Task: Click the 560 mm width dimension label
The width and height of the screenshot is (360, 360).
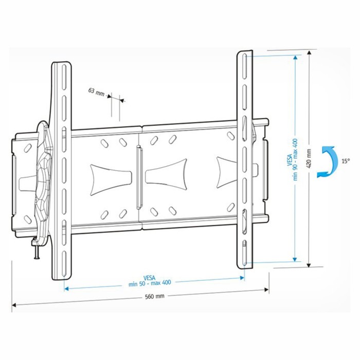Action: click(154, 296)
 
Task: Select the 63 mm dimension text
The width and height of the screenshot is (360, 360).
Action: click(96, 92)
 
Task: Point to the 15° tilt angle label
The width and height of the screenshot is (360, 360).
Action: click(346, 161)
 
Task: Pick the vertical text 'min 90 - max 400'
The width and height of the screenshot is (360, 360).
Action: click(295, 159)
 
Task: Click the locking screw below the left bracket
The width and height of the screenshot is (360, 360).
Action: click(37, 248)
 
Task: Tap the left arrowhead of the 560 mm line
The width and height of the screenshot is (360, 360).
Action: click(14, 305)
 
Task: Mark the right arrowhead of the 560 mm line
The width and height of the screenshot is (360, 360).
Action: click(266, 290)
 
